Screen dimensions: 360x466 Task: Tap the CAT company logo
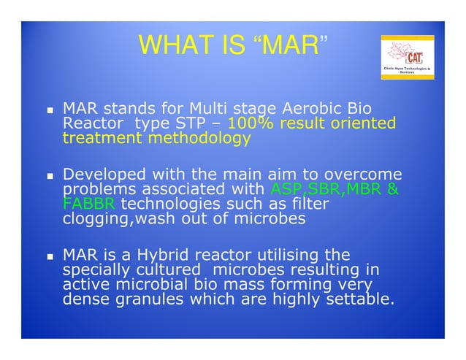point(408,58)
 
